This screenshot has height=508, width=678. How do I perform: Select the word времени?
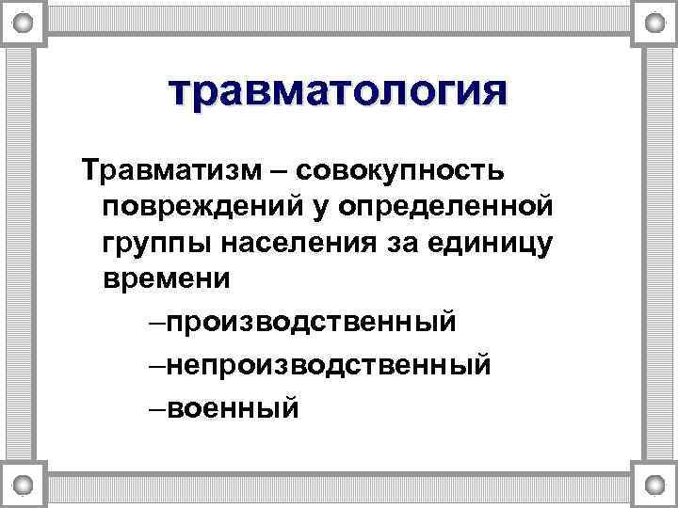[166, 278]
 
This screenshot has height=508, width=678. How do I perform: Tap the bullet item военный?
[234, 407]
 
